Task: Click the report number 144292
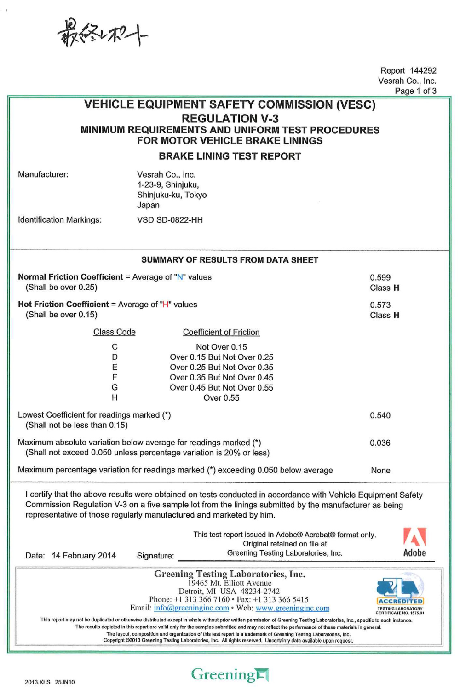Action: tap(423, 70)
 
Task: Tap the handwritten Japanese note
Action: tap(102, 33)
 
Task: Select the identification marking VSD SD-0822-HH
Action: tap(170, 220)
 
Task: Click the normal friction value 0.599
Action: tap(380, 277)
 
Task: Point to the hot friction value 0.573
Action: tap(380, 305)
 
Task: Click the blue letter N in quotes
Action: tap(180, 277)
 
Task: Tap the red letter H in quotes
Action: tap(166, 305)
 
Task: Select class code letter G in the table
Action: tap(115, 387)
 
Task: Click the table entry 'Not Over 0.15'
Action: tap(221, 347)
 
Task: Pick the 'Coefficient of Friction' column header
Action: tap(221, 332)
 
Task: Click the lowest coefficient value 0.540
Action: tap(380, 415)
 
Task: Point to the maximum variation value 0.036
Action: tap(380, 443)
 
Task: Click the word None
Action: tap(380, 471)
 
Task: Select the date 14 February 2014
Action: tap(84, 556)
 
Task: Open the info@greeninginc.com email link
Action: tap(191, 608)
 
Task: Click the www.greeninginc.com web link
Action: tap(293, 608)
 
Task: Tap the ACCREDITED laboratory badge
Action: tap(400, 596)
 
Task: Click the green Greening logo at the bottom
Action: tap(230, 675)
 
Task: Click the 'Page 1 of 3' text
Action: tap(415, 91)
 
